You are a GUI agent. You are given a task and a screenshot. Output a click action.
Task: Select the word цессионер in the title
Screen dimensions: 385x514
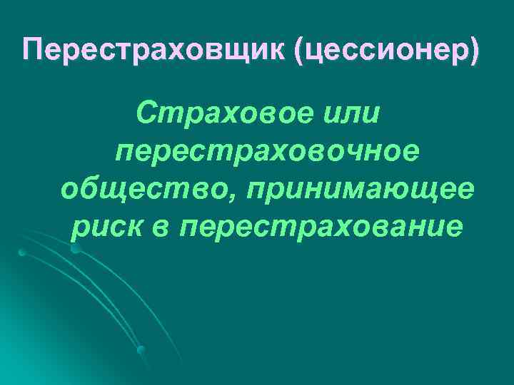point(385,51)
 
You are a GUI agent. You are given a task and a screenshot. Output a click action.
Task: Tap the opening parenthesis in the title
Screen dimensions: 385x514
point(294,52)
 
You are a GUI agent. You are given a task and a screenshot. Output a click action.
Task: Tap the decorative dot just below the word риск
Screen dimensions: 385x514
point(75,249)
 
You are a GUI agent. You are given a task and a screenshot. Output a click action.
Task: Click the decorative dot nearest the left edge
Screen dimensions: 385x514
point(22,252)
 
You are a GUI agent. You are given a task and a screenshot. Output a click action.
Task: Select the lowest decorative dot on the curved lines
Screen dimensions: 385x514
point(141,349)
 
